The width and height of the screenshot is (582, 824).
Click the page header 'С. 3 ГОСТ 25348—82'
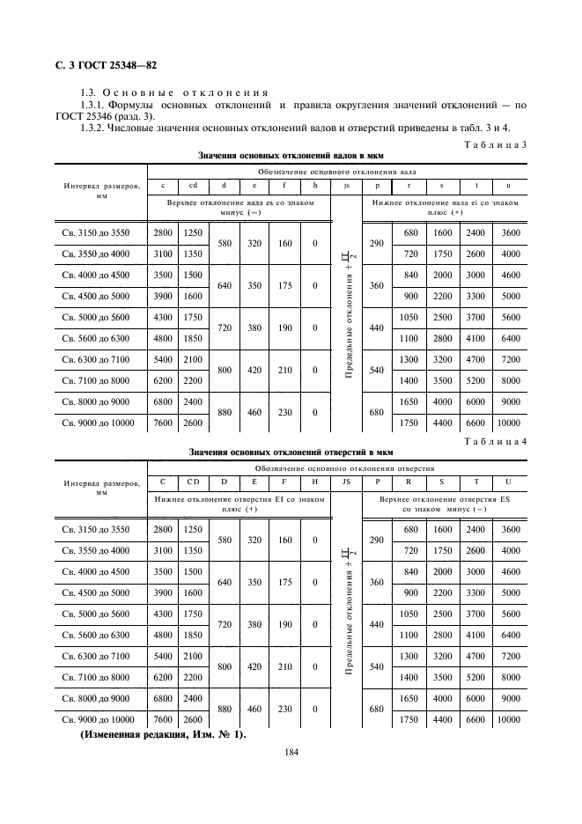tap(100, 65)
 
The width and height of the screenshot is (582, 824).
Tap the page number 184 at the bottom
tap(291, 752)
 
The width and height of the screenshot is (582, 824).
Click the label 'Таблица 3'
tap(494, 144)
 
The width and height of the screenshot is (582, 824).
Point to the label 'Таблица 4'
tap(494, 442)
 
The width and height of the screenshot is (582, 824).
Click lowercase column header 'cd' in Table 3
tap(191, 185)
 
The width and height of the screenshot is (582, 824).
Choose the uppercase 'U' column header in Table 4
tap(506, 482)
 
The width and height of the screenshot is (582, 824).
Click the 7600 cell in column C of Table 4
tap(162, 719)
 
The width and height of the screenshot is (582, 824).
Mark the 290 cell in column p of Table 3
tap(376, 243)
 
